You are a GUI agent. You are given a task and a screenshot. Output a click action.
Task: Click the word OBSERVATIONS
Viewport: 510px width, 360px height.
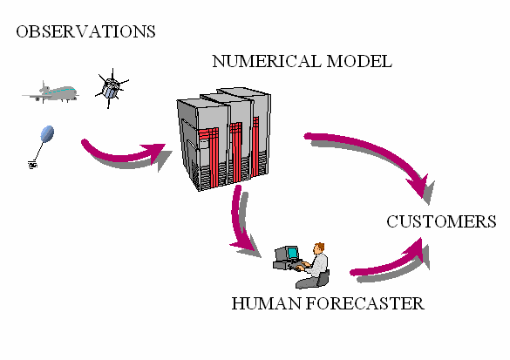(85, 31)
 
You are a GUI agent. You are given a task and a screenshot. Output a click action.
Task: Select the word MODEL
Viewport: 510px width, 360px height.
(359, 61)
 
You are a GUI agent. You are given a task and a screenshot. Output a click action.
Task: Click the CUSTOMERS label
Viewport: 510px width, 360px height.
(441, 221)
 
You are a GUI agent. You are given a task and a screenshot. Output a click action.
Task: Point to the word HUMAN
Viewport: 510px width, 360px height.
(267, 303)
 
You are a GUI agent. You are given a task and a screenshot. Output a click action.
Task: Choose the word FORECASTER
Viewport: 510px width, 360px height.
(365, 303)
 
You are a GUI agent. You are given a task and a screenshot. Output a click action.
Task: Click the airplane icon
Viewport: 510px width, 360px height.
(51, 92)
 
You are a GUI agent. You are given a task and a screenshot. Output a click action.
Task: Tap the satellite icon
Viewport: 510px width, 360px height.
(112, 88)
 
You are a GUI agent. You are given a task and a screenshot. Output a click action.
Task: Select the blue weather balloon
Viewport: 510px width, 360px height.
(47, 133)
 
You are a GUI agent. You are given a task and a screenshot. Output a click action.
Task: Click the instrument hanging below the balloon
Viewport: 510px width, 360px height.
(32, 165)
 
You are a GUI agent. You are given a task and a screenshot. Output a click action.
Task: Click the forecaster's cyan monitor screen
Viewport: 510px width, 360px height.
(293, 253)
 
